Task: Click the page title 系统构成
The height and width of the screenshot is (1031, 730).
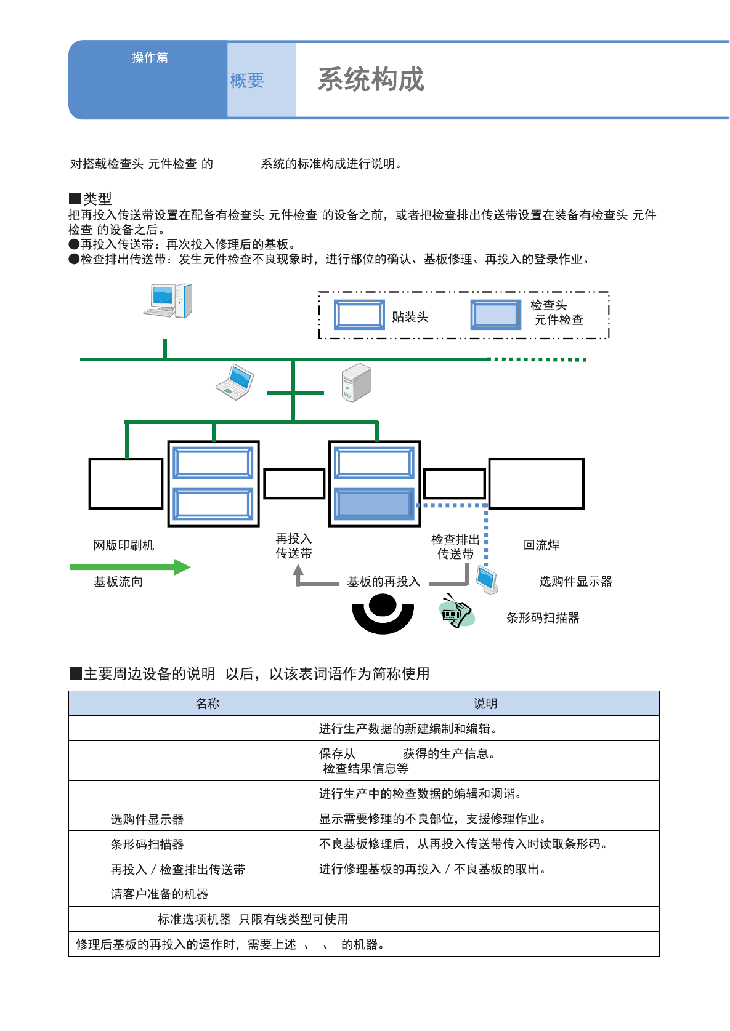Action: (371, 80)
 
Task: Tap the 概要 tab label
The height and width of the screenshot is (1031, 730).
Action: (247, 81)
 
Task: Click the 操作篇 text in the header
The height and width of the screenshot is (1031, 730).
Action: (150, 57)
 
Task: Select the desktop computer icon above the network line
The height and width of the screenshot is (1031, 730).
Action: (168, 301)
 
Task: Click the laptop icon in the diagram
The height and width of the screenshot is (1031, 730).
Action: (235, 382)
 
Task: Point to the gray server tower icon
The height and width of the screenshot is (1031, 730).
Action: (356, 382)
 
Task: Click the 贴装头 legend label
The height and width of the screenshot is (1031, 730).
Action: (410, 317)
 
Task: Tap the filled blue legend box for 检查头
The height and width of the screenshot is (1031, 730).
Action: (496, 315)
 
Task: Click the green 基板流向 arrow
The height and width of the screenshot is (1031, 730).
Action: (130, 567)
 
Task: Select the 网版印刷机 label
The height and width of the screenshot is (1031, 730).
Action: (124, 545)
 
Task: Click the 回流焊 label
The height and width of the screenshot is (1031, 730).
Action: (541, 545)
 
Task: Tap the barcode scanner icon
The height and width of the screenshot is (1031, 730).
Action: (457, 611)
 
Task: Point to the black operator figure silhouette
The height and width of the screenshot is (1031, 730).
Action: (383, 614)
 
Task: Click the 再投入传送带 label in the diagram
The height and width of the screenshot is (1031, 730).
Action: (294, 546)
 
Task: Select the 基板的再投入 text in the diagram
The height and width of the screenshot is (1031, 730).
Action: (383, 582)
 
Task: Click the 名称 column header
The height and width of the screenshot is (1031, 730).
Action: (208, 704)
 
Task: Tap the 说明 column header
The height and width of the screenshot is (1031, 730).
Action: (485, 704)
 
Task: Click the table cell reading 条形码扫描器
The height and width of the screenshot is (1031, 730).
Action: (147, 844)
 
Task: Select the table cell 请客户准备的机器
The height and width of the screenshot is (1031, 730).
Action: (160, 894)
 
